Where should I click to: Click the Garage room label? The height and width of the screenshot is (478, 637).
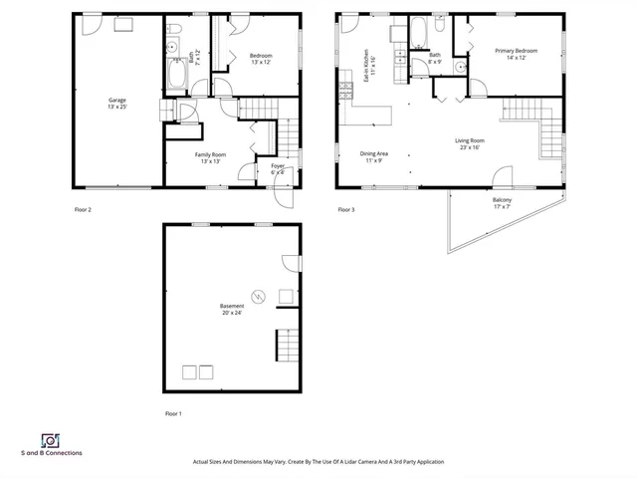click(117, 104)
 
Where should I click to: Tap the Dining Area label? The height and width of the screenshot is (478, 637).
click(373, 157)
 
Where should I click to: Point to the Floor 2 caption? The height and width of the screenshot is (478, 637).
click(83, 210)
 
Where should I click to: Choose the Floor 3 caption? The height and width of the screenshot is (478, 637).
click(345, 210)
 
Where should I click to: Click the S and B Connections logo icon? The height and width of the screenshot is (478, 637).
click(49, 440)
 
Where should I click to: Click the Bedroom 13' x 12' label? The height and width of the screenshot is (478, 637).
click(261, 59)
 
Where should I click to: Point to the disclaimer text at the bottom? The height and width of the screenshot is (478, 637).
click(318, 462)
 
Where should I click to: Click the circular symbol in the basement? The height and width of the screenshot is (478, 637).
click(258, 296)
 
